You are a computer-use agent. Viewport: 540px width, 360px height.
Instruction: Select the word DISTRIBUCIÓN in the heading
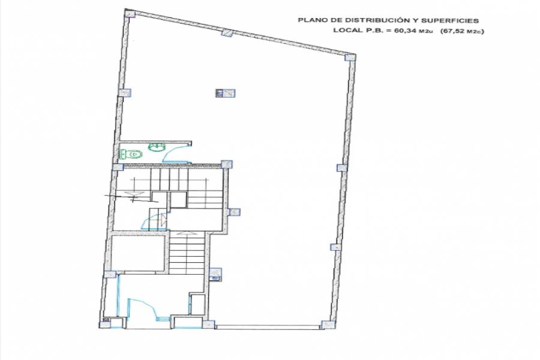coord(370,20)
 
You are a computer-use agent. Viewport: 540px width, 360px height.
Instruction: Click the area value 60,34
coord(406,31)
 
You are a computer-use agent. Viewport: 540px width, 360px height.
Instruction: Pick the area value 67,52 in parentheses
coord(454,31)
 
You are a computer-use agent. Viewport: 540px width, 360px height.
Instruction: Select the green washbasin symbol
coord(157,147)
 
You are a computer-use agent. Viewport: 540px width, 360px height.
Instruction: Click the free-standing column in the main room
coord(226,92)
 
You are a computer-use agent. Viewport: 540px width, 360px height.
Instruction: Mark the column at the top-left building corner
coord(130,13)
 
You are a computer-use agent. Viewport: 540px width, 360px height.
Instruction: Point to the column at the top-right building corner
coord(350,57)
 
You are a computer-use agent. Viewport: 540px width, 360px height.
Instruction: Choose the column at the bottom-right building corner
coord(328,325)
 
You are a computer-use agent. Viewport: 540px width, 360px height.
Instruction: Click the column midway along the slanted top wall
coord(227,33)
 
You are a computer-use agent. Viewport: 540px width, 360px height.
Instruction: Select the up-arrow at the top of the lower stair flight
coord(187,233)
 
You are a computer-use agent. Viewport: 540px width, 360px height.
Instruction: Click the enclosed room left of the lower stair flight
coord(139,253)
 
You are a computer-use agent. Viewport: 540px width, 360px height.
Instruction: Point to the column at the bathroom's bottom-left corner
coord(118,167)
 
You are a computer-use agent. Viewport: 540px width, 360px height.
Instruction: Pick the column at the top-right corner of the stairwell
coord(227,164)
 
